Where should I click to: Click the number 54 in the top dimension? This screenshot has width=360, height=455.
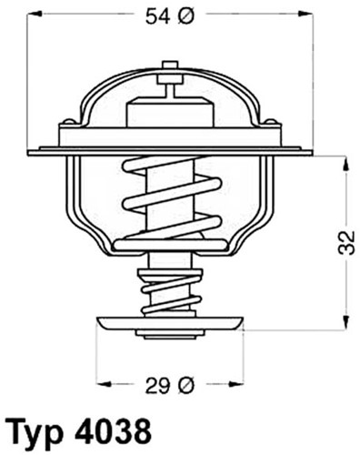coord(155,15)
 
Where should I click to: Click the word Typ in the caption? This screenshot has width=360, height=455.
coord(36,430)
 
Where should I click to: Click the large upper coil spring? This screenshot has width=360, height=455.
coord(169,196)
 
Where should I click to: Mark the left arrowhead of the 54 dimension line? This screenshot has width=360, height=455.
coord(30,15)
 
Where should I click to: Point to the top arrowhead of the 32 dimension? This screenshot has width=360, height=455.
coord(345,161)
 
